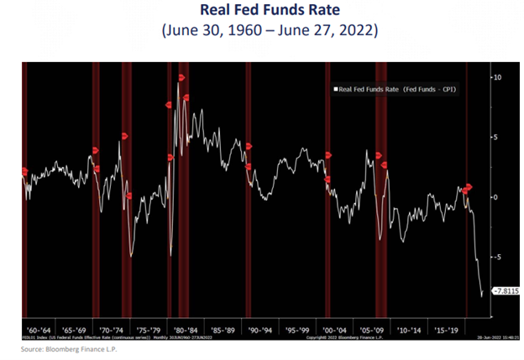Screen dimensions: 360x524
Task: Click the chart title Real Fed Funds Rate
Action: coord(261,12)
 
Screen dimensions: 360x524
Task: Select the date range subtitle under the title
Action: coord(261,33)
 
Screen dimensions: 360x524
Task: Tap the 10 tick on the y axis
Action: coord(497,77)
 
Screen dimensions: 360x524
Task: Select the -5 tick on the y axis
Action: coord(496,257)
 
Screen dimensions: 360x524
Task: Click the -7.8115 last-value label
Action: coord(506,291)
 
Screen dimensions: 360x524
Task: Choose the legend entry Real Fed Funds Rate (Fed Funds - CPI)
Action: coord(395,88)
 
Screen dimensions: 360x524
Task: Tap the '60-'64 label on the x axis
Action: coord(40,330)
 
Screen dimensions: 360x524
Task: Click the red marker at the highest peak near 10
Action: coord(181,78)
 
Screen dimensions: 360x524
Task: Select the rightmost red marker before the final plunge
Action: coord(469,186)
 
